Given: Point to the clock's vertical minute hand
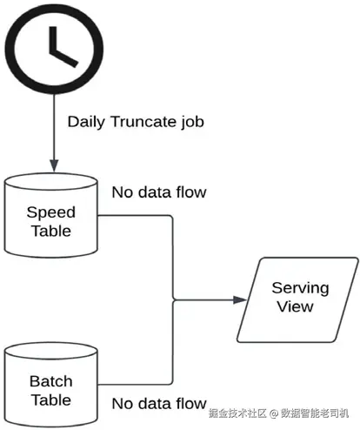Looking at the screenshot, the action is pyautogui.click(x=53, y=40).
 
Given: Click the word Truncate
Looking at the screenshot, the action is pyautogui.click(x=143, y=121).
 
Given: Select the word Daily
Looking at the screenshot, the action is pyautogui.click(x=86, y=122).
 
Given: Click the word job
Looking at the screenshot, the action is pyautogui.click(x=192, y=122).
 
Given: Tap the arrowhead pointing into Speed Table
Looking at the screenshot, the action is pyautogui.click(x=54, y=165).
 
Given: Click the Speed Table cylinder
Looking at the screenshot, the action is pyautogui.click(x=51, y=215).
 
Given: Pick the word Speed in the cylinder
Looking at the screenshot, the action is pyautogui.click(x=51, y=213).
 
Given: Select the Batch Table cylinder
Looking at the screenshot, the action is pyautogui.click(x=51, y=385).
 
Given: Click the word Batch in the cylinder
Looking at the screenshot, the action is pyautogui.click(x=51, y=381).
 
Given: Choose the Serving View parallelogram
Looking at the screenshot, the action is pyautogui.click(x=297, y=299).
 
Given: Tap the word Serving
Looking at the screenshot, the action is pyautogui.click(x=300, y=289).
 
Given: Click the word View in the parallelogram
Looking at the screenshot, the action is pyautogui.click(x=295, y=306).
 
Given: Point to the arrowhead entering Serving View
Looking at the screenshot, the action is pyautogui.click(x=240, y=299).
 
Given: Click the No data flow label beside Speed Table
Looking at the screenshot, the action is pyautogui.click(x=159, y=192).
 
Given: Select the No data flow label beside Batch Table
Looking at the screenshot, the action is pyautogui.click(x=159, y=404).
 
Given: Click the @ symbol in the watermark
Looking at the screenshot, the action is pyautogui.click(x=274, y=413).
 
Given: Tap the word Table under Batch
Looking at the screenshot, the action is pyautogui.click(x=51, y=400).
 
